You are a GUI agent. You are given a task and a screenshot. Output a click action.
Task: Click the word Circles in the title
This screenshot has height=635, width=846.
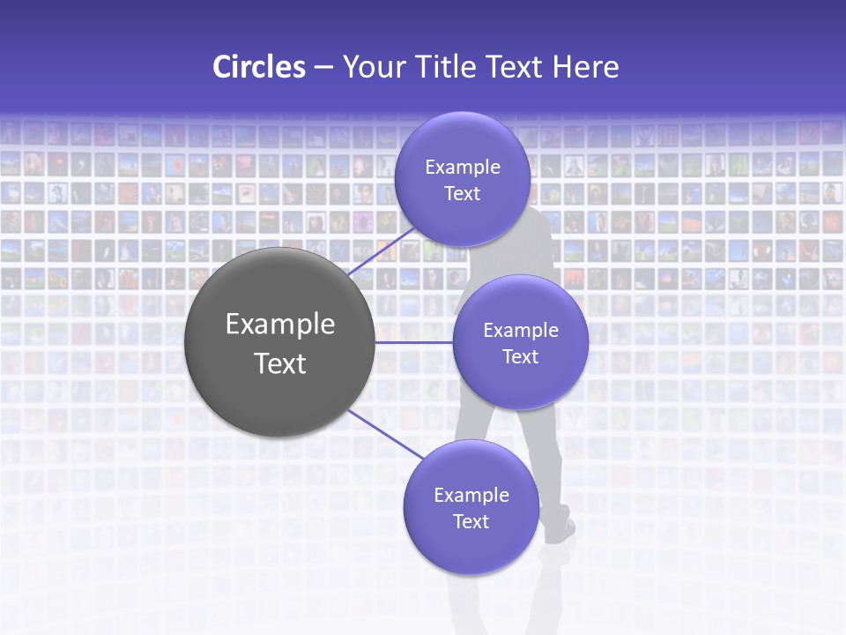tap(258, 67)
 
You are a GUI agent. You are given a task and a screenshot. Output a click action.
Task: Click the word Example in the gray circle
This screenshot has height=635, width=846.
tap(280, 325)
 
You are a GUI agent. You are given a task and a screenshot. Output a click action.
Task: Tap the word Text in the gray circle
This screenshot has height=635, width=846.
tap(280, 363)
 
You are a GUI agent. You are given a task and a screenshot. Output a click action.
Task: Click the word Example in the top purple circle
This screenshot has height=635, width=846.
tap(462, 168)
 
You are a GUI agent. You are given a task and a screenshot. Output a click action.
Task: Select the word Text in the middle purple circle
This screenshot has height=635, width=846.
tap(520, 356)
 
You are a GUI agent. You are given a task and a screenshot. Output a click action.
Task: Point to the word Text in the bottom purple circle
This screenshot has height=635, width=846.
tap(471, 521)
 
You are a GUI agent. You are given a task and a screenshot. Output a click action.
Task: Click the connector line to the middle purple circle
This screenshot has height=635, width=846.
tap(413, 342)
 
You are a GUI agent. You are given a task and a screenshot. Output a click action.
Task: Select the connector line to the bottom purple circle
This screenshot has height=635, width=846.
tap(385, 434)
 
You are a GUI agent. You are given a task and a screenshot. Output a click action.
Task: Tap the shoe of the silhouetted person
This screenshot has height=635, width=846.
tap(560, 531)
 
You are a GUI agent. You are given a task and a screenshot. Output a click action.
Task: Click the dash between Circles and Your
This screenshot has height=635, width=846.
tap(323, 67)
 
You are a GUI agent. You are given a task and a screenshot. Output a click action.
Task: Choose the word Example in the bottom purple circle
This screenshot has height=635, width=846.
tap(471, 495)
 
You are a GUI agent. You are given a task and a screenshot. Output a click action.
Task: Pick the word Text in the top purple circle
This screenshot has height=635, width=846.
tap(462, 193)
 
